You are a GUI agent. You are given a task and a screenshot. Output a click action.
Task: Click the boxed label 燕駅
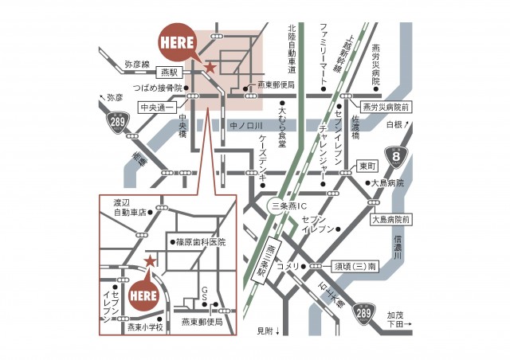169,71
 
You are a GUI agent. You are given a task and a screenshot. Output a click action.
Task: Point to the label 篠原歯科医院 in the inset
199,241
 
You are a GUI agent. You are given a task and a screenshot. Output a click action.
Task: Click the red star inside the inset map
149,260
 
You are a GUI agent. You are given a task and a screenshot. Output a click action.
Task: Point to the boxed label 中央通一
156,105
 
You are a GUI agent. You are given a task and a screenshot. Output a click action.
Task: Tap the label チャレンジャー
323,145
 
